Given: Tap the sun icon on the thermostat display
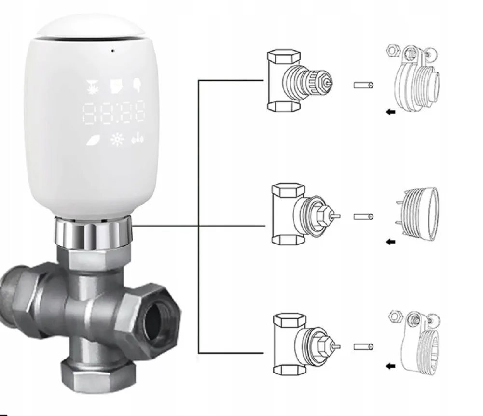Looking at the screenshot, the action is coord(117,139).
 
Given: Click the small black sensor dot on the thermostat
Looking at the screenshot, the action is coord(113,51).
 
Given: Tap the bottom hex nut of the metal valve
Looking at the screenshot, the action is coord(98,373).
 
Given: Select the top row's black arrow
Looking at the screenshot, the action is coord(390,112).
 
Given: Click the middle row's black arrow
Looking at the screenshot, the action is coord(390,242).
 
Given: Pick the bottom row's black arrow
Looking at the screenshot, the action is coord(390,366).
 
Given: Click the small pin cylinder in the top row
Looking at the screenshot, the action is coord(363,85).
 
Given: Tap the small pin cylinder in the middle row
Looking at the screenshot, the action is coord(363,217).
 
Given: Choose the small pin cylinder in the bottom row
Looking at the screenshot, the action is coord(363,347).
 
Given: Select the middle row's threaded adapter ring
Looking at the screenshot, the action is coord(417,214).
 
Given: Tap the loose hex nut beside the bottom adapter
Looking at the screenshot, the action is coord(395,316).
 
